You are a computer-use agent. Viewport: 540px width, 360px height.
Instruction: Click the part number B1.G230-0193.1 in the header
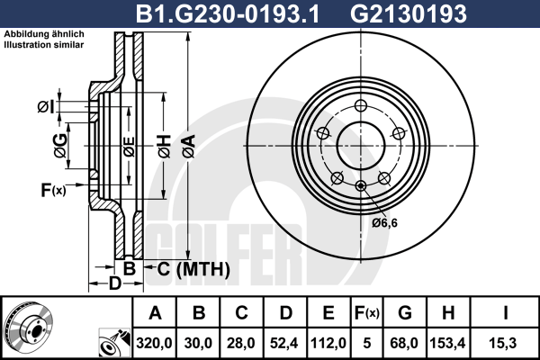click(x=228, y=13)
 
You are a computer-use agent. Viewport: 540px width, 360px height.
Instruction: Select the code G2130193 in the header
click(x=409, y=13)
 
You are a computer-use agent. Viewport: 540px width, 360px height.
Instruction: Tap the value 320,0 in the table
click(x=154, y=343)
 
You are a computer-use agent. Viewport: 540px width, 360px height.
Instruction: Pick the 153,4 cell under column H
click(x=447, y=343)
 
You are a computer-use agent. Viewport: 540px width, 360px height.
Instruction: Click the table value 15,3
click(x=504, y=343)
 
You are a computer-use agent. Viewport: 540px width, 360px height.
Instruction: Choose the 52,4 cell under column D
click(x=284, y=343)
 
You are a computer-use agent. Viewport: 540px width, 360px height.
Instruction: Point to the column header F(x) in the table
click(x=367, y=313)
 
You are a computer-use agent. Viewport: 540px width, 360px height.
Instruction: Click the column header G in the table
click(x=405, y=313)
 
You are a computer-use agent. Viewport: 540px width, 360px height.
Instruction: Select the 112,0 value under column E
click(x=328, y=343)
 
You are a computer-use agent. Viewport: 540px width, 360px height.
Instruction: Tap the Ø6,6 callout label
click(x=384, y=223)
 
